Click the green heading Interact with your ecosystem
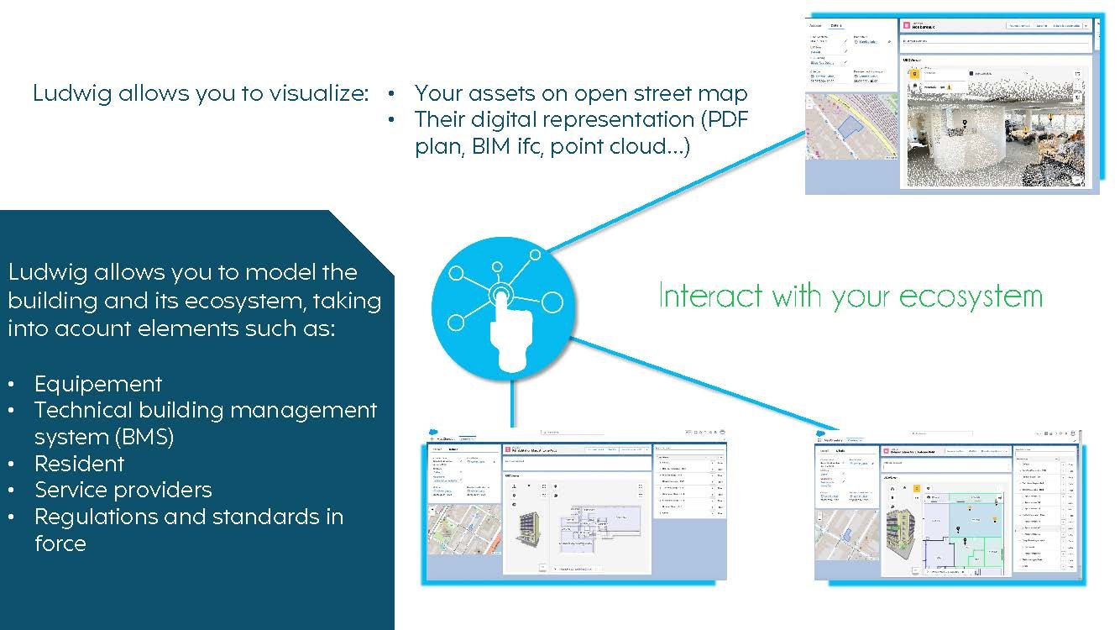850,297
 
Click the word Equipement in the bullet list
98,384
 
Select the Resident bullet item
79,464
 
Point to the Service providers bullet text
123,490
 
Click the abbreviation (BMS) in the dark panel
146,437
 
